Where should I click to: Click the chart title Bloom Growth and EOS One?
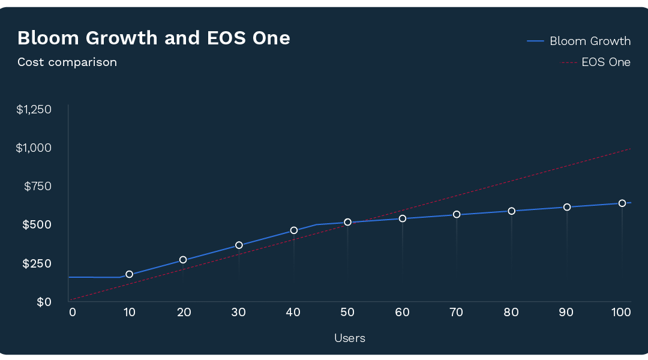point(154,38)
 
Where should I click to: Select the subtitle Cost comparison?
point(67,62)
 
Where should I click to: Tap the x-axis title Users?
point(350,338)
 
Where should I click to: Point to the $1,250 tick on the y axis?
point(34,110)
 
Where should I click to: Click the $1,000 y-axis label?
point(34,148)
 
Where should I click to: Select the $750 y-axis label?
point(38,187)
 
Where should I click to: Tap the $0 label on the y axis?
point(44,302)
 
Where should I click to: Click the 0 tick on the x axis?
point(73,313)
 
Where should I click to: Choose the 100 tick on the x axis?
point(621,313)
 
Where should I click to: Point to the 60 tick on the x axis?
point(402,313)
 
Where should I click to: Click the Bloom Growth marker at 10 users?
point(130,274)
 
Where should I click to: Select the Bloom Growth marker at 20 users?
point(183,260)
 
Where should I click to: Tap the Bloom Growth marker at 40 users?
point(294,230)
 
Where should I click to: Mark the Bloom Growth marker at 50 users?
point(347,223)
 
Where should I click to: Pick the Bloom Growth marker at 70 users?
point(457,215)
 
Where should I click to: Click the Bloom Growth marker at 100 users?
point(622,203)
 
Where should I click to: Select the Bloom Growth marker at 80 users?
point(512,211)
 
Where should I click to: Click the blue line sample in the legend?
point(535,41)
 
